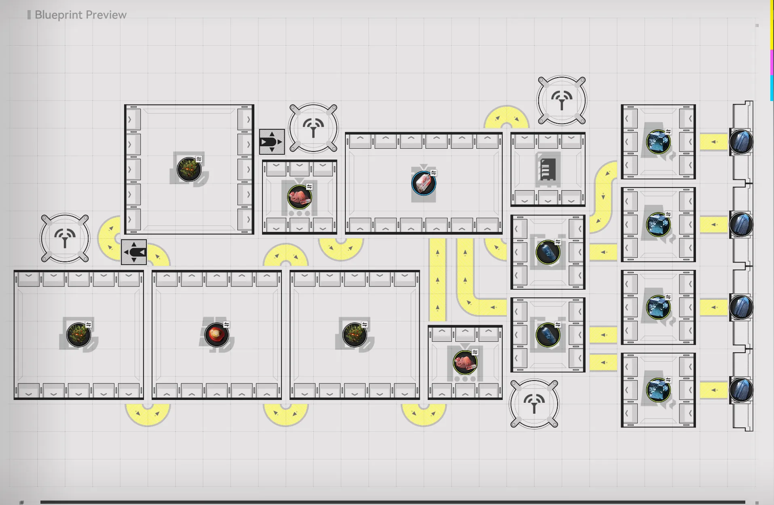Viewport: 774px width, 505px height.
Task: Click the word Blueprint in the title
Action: point(59,15)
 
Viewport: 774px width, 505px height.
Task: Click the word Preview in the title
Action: point(106,15)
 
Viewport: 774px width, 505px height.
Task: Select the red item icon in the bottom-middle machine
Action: point(217,335)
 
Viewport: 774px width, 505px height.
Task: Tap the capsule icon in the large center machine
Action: point(423,183)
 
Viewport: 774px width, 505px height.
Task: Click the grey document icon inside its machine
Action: point(548,169)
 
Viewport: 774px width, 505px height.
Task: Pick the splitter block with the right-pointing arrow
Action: point(272,142)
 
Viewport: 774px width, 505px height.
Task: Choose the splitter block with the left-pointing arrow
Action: point(134,252)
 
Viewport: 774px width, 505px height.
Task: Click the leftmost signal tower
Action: point(65,238)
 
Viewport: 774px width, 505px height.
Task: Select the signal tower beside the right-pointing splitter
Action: point(313,128)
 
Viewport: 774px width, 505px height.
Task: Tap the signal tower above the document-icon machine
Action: point(562,100)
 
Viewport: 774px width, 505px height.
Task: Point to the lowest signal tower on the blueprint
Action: point(534,404)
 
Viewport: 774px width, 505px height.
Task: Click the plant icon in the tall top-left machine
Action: point(189,169)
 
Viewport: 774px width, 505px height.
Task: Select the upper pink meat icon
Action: point(299,197)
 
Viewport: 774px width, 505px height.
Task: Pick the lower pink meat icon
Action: point(465,362)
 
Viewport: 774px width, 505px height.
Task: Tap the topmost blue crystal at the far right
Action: point(741,142)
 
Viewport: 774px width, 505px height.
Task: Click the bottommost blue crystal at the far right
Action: point(741,390)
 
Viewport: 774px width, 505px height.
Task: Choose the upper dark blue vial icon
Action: point(548,252)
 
